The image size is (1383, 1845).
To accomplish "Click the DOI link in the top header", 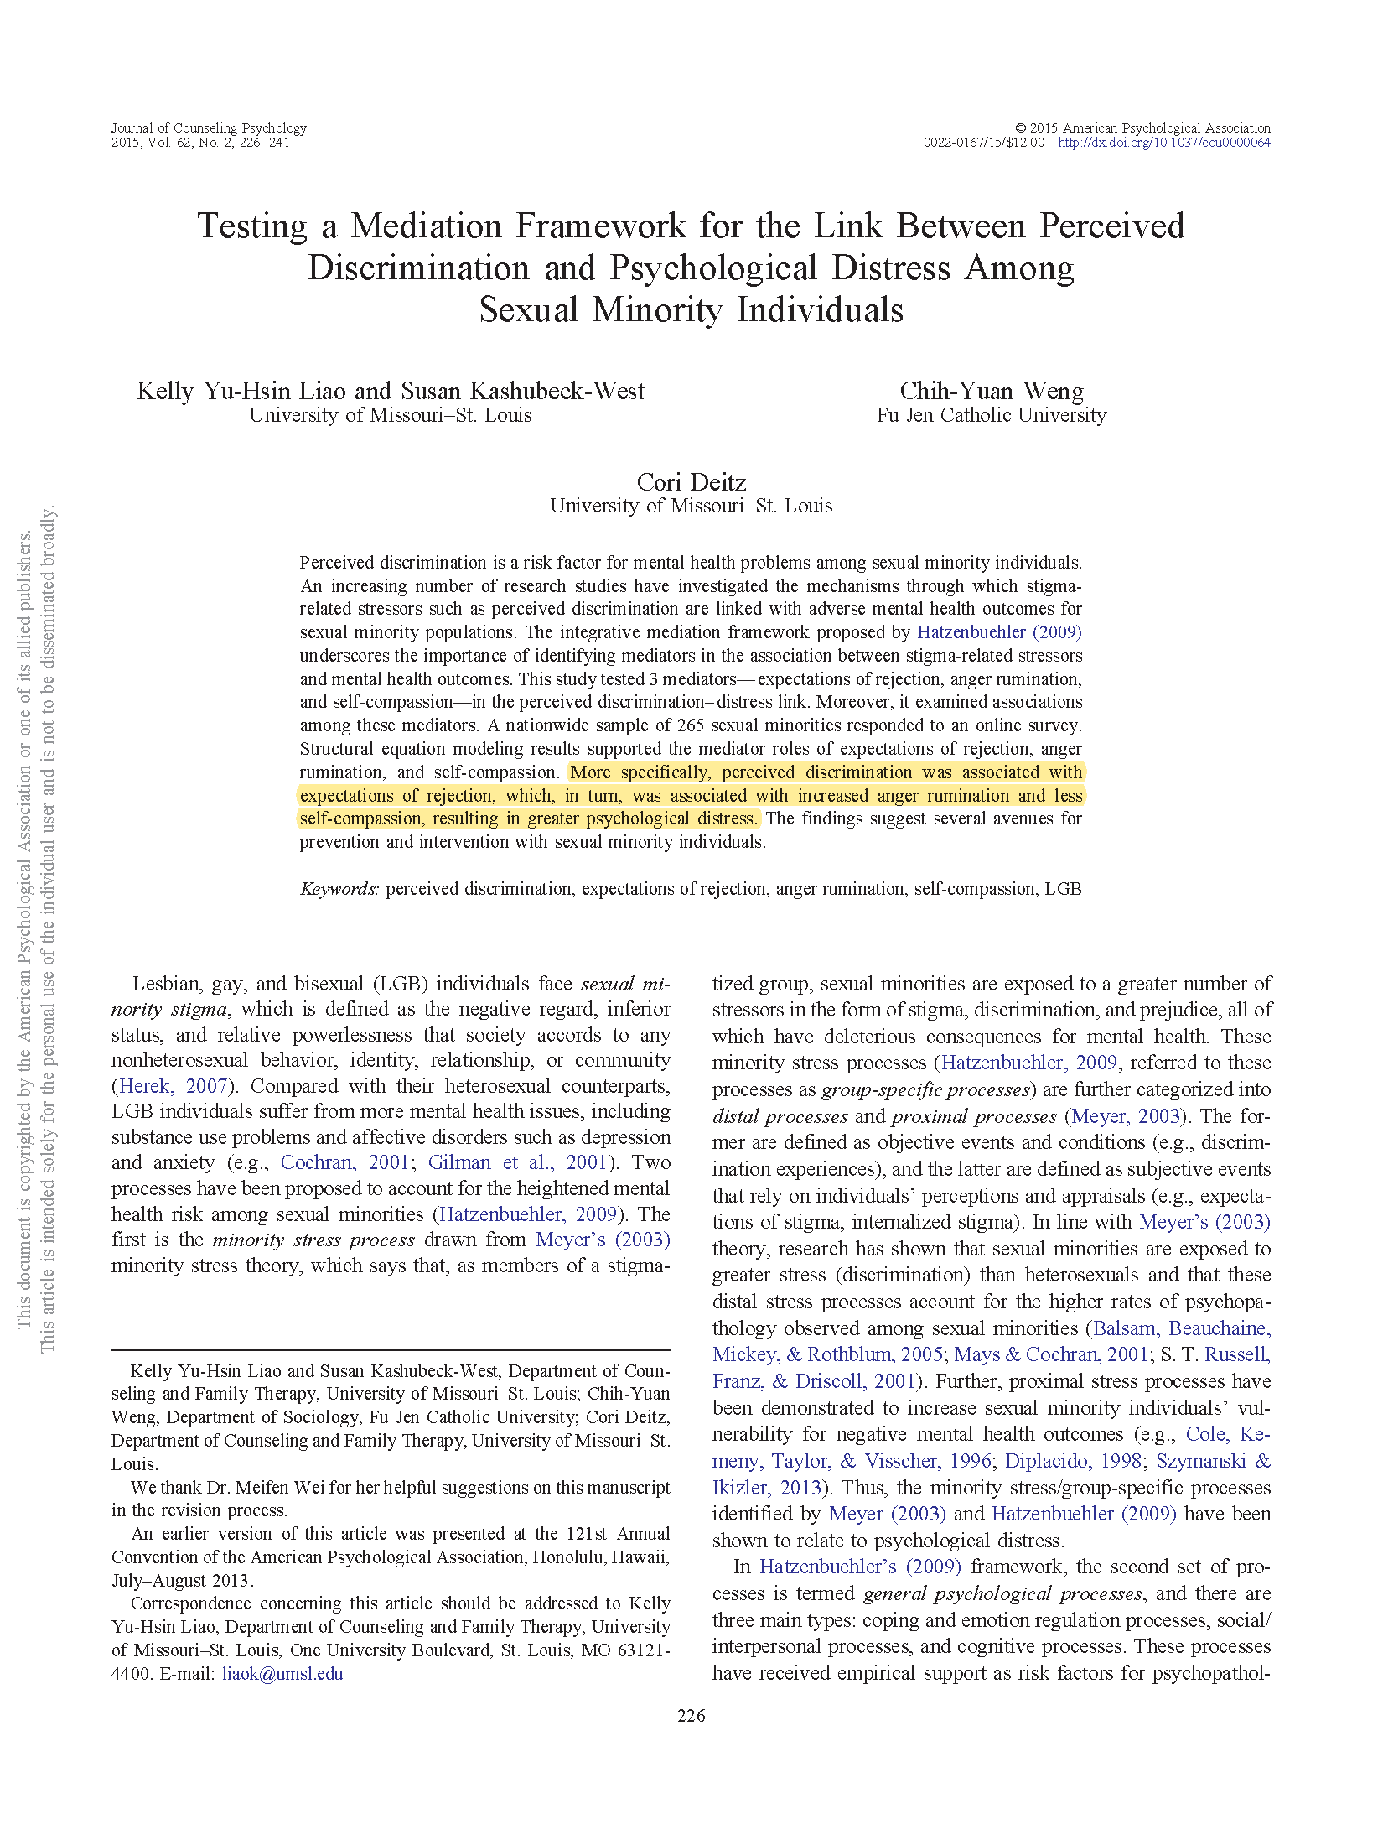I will pos(1163,143).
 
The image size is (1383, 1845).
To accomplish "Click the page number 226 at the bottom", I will pos(691,1715).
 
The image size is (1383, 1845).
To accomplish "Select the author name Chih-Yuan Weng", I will pos(992,391).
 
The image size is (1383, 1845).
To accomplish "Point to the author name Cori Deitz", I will pos(691,482).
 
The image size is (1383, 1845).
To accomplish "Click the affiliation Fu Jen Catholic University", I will pos(992,415).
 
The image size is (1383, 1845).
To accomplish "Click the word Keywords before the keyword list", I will pos(339,889).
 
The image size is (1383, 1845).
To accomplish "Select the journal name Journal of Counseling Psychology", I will pos(209,127).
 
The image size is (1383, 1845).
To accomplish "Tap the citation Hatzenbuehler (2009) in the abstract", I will pos(999,632).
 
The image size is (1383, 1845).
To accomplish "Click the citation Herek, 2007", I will pos(173,1086).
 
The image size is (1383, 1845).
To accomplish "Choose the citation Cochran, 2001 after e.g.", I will pos(344,1162).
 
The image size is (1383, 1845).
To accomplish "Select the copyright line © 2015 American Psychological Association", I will pos(1142,127).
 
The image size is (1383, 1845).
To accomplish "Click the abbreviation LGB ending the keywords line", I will pos(1063,889).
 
